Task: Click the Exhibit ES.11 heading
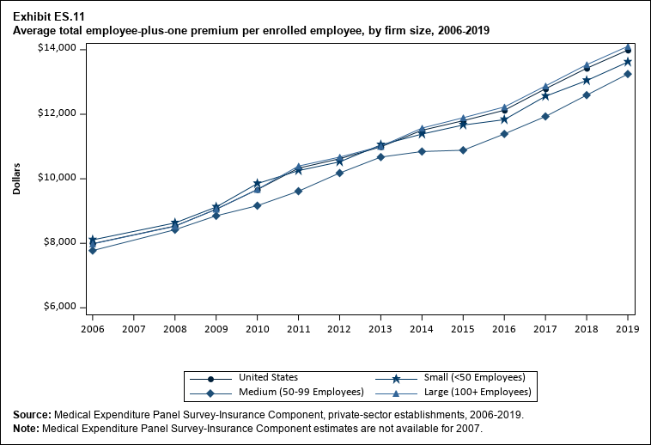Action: (49, 15)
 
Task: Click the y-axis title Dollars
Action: (17, 177)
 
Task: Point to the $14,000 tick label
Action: (59, 49)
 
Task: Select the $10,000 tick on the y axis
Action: (59, 178)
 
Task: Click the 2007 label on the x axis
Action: (133, 328)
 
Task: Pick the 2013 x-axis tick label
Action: (380, 328)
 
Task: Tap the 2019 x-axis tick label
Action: (628, 328)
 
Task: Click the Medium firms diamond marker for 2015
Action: (463, 150)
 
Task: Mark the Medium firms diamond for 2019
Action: (628, 74)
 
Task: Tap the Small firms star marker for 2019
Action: (628, 62)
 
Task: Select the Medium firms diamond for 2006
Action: (92, 251)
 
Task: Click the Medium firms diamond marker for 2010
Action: (257, 205)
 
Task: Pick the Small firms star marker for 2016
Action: (504, 119)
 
